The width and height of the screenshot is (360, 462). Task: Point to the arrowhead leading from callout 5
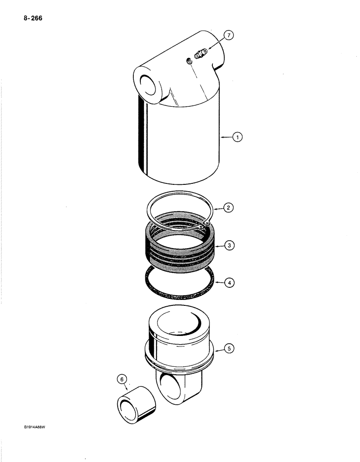click(x=218, y=349)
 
